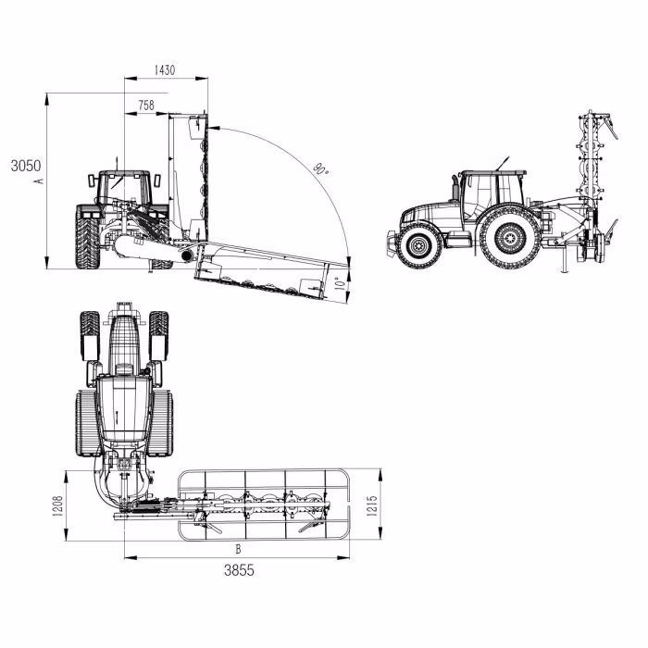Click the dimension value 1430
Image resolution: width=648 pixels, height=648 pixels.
(x=165, y=70)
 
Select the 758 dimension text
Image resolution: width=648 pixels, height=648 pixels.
(x=145, y=106)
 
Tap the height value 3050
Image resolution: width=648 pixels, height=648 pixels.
(x=25, y=167)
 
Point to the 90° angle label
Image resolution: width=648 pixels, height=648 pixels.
(x=320, y=169)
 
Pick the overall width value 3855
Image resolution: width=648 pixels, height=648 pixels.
(x=238, y=570)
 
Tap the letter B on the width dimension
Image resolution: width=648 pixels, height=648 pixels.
(x=240, y=548)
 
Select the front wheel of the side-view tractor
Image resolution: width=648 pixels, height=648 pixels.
(x=420, y=244)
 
